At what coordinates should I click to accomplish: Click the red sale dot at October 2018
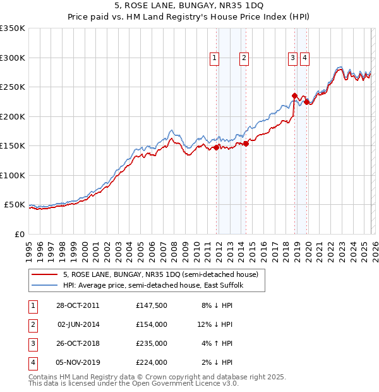click(294, 96)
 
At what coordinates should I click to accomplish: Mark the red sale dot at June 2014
click(246, 144)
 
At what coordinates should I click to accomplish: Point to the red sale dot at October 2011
click(217, 147)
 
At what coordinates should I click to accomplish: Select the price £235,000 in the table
click(151, 344)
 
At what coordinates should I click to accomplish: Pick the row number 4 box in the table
click(32, 363)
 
